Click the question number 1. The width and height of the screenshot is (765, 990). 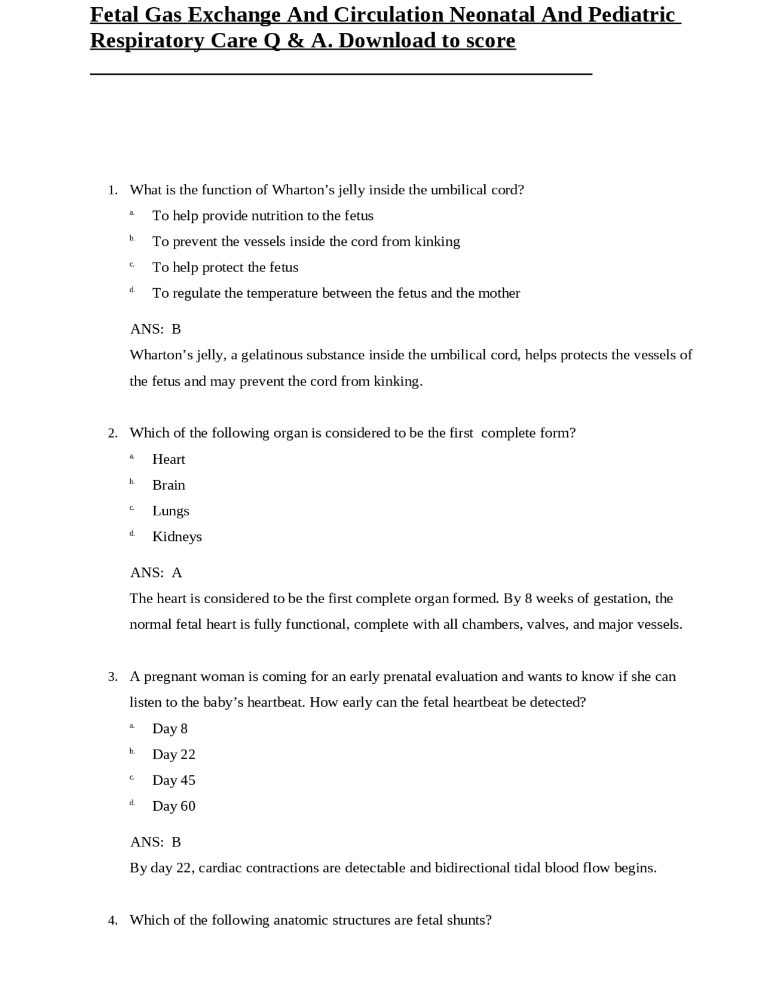click(x=112, y=190)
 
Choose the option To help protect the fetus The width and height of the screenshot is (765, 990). click(x=225, y=267)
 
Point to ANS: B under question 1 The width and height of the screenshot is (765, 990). click(x=155, y=329)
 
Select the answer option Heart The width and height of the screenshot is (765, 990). click(x=169, y=459)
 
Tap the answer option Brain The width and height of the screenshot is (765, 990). click(x=169, y=485)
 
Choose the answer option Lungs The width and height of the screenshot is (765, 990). click(x=170, y=511)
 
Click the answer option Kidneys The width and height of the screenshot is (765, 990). click(x=177, y=536)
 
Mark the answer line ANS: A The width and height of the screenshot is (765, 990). click(x=156, y=573)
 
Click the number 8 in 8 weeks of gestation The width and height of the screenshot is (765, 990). click(x=528, y=598)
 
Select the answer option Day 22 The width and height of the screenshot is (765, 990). click(x=173, y=754)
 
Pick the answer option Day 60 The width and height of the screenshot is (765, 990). click(x=173, y=806)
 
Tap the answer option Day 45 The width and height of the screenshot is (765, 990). click(x=173, y=780)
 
